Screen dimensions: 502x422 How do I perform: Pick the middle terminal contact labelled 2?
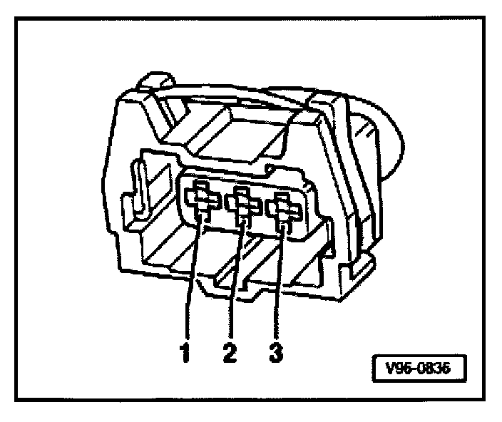[244, 206]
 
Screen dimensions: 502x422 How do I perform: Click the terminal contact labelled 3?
[284, 210]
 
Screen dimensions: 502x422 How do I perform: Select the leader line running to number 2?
[236, 285]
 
